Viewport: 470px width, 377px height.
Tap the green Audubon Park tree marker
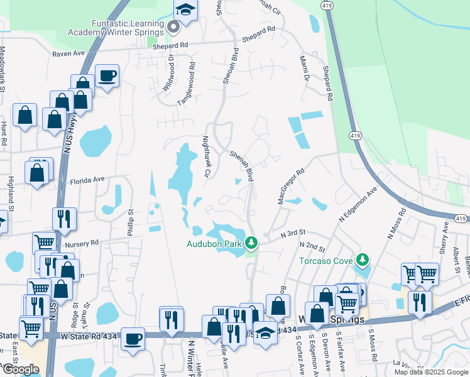(x=251, y=242)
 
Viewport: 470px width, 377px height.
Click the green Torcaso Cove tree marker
(x=362, y=259)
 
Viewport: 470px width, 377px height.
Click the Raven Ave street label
(x=68, y=54)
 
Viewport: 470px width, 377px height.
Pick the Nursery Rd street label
(x=82, y=243)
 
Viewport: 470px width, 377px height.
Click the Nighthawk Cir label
(x=205, y=156)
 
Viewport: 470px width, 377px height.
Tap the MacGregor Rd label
(x=290, y=185)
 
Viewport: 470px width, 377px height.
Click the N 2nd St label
(x=312, y=245)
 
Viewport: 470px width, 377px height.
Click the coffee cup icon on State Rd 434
(x=132, y=339)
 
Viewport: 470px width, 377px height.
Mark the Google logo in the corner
(x=20, y=369)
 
